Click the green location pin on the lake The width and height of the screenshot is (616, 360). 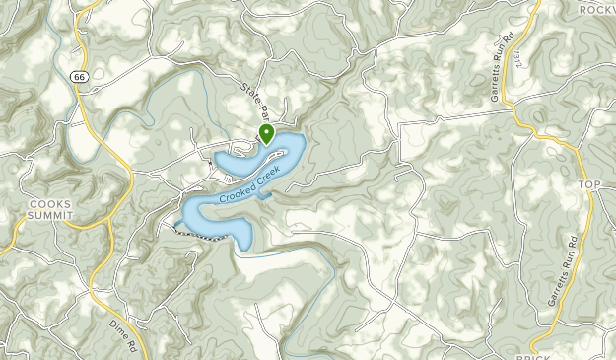265,133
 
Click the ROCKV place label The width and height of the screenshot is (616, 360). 595,9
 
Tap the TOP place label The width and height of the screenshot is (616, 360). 588,184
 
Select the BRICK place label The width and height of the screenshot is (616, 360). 532,352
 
